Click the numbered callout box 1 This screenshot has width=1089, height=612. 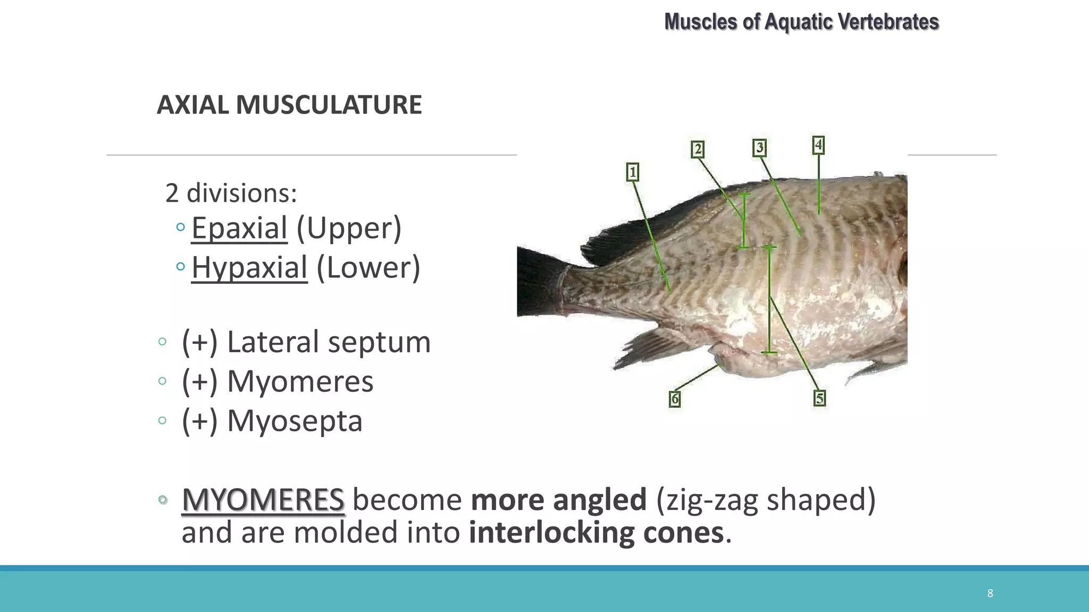pyautogui.click(x=632, y=172)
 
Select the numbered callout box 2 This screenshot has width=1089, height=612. pyautogui.click(x=698, y=149)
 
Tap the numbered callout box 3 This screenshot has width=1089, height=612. pyautogui.click(x=759, y=147)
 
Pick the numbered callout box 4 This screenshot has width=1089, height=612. pyautogui.click(x=818, y=144)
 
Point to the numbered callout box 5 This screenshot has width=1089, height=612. pyautogui.click(x=819, y=398)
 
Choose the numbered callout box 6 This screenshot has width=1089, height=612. pyautogui.click(x=675, y=398)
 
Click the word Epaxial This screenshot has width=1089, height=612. pyautogui.click(x=239, y=228)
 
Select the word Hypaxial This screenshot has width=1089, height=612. pyautogui.click(x=249, y=268)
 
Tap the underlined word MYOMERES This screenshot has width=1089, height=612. pyautogui.click(x=263, y=500)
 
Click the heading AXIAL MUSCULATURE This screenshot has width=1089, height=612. pyautogui.click(x=289, y=105)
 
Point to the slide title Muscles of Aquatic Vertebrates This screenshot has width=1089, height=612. pyautogui.click(x=801, y=22)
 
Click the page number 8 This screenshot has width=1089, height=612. pyautogui.click(x=990, y=593)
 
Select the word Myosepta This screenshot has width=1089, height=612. pyautogui.click(x=295, y=421)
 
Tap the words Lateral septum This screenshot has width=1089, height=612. pyautogui.click(x=328, y=342)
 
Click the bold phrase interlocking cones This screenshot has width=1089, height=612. pyautogui.click(x=596, y=533)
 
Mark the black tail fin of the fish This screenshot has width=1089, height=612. pyautogui.click(x=537, y=282)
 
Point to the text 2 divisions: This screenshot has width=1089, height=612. pyautogui.click(x=231, y=193)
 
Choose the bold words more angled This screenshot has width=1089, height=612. pyautogui.click(x=558, y=500)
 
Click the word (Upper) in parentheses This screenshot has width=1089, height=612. pyautogui.click(x=349, y=228)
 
